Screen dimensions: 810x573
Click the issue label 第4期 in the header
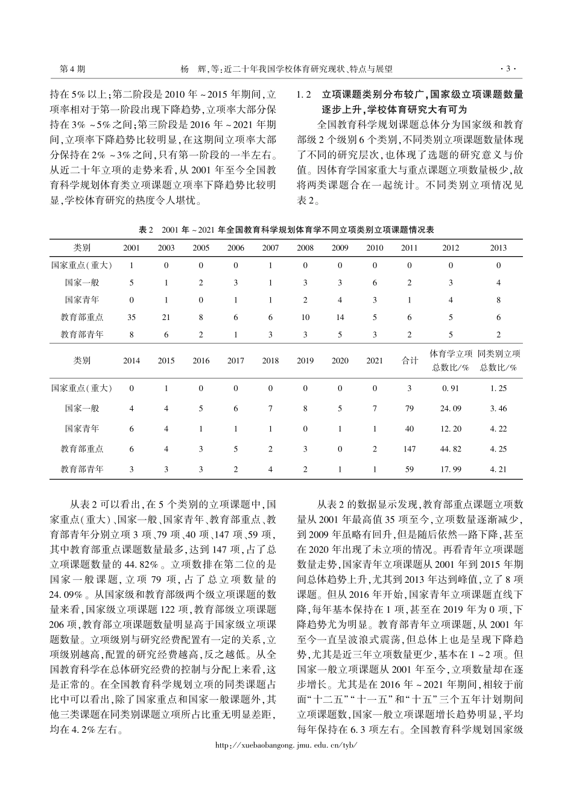pyautogui.click(x=73, y=69)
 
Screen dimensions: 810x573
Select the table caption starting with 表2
pyautogui.click(x=286, y=230)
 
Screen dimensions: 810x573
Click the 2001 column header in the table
pyautogui.click(x=131, y=248)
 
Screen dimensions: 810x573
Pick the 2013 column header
pyautogui.click(x=498, y=248)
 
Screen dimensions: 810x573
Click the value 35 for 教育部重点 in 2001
pyautogui.click(x=131, y=317)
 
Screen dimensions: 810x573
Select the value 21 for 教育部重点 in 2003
pyautogui.click(x=166, y=317)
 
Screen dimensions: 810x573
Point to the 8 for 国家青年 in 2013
pyautogui.click(x=498, y=300)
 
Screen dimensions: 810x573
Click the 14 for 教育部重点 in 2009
pyautogui.click(x=340, y=317)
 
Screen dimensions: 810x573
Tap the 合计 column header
pyautogui.click(x=410, y=360)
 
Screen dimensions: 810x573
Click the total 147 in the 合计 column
pyautogui.click(x=410, y=449)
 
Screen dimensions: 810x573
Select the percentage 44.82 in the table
pyautogui.click(x=451, y=449)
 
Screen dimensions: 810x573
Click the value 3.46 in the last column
pyautogui.click(x=498, y=409)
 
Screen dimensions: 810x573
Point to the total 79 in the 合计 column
pyautogui.click(x=410, y=409)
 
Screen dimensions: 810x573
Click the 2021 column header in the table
pyautogui.click(x=375, y=361)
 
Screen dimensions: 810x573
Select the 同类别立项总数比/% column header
pyautogui.click(x=498, y=360)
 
